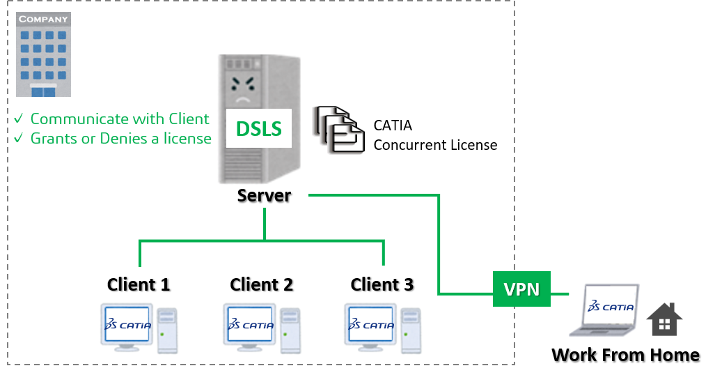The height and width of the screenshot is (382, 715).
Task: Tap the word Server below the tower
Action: (264, 195)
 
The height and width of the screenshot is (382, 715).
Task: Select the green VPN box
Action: (521, 289)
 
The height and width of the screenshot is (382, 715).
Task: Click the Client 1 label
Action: (139, 284)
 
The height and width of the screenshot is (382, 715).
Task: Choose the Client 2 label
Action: (261, 284)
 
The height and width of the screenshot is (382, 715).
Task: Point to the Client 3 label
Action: (382, 284)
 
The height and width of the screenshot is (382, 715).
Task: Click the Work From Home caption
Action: (625, 355)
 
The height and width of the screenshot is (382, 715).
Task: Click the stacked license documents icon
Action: (338, 129)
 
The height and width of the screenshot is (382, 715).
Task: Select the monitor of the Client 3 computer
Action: (370, 326)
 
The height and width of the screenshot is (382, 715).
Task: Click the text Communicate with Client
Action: (119, 119)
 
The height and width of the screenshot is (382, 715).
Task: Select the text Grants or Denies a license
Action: (120, 138)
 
